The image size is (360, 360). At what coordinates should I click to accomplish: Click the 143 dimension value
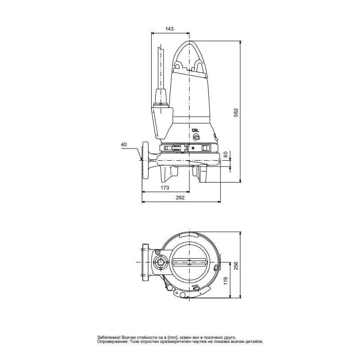[x=170, y=29]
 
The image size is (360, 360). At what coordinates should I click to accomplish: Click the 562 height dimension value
[x=236, y=112]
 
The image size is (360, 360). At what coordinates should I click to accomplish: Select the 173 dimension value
[x=165, y=188]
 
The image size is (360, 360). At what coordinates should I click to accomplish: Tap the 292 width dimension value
[x=180, y=198]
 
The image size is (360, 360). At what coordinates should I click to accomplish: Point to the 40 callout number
[x=124, y=144]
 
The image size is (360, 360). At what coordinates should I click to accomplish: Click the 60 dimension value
[x=225, y=154]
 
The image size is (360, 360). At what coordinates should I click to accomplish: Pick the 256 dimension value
[x=236, y=265]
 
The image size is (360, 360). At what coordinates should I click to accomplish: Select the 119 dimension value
[x=225, y=281]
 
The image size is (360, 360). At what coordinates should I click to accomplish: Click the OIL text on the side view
[x=195, y=130]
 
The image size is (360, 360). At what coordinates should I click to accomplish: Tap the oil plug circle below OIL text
[x=196, y=137]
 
